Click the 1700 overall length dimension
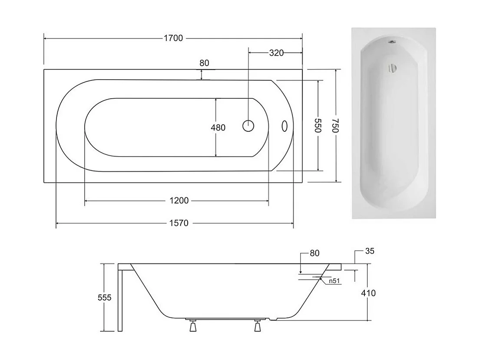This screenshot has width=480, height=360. [x=173, y=38]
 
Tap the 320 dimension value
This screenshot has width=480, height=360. [x=276, y=53]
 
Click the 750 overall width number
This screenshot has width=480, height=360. [x=336, y=126]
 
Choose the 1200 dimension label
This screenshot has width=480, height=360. [x=179, y=200]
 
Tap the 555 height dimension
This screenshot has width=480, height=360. [x=105, y=298]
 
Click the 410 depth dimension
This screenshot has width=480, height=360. [x=369, y=293]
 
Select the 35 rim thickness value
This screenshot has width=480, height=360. [x=370, y=251]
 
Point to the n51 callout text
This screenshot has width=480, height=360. [x=334, y=281]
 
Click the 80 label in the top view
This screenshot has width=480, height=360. [x=204, y=63]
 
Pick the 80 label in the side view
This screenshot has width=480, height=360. [x=315, y=253]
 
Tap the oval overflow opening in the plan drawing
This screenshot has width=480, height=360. [x=284, y=126]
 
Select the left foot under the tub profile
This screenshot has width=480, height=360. [x=192, y=326]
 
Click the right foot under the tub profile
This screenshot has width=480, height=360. [x=258, y=326]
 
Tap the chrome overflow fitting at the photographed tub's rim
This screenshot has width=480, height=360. [x=392, y=42]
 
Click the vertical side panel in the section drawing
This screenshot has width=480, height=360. [x=120, y=300]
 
